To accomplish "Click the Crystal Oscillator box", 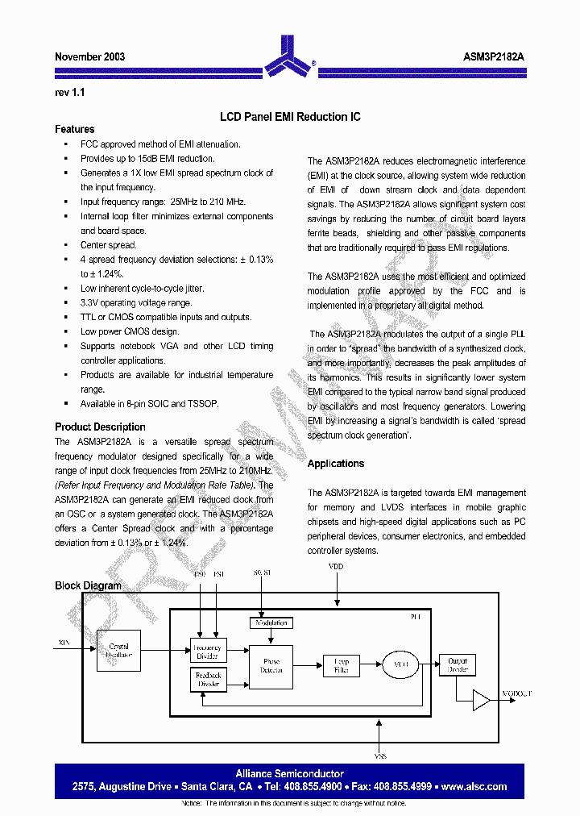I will (118, 651).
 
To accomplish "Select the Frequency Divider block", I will (207, 650).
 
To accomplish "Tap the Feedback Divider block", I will (207, 679).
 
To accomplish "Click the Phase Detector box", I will (271, 666).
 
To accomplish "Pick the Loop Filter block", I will (341, 665).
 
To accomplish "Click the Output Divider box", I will (457, 665).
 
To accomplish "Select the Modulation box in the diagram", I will (271, 622).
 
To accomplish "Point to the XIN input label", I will (64, 643).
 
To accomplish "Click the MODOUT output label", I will (516, 693).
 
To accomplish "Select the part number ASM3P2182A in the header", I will (494, 57).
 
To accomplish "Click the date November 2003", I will (89, 57).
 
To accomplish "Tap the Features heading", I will (74, 129).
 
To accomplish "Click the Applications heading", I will (335, 464).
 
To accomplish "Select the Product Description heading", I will (100, 427).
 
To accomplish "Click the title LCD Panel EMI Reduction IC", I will (290, 117).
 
